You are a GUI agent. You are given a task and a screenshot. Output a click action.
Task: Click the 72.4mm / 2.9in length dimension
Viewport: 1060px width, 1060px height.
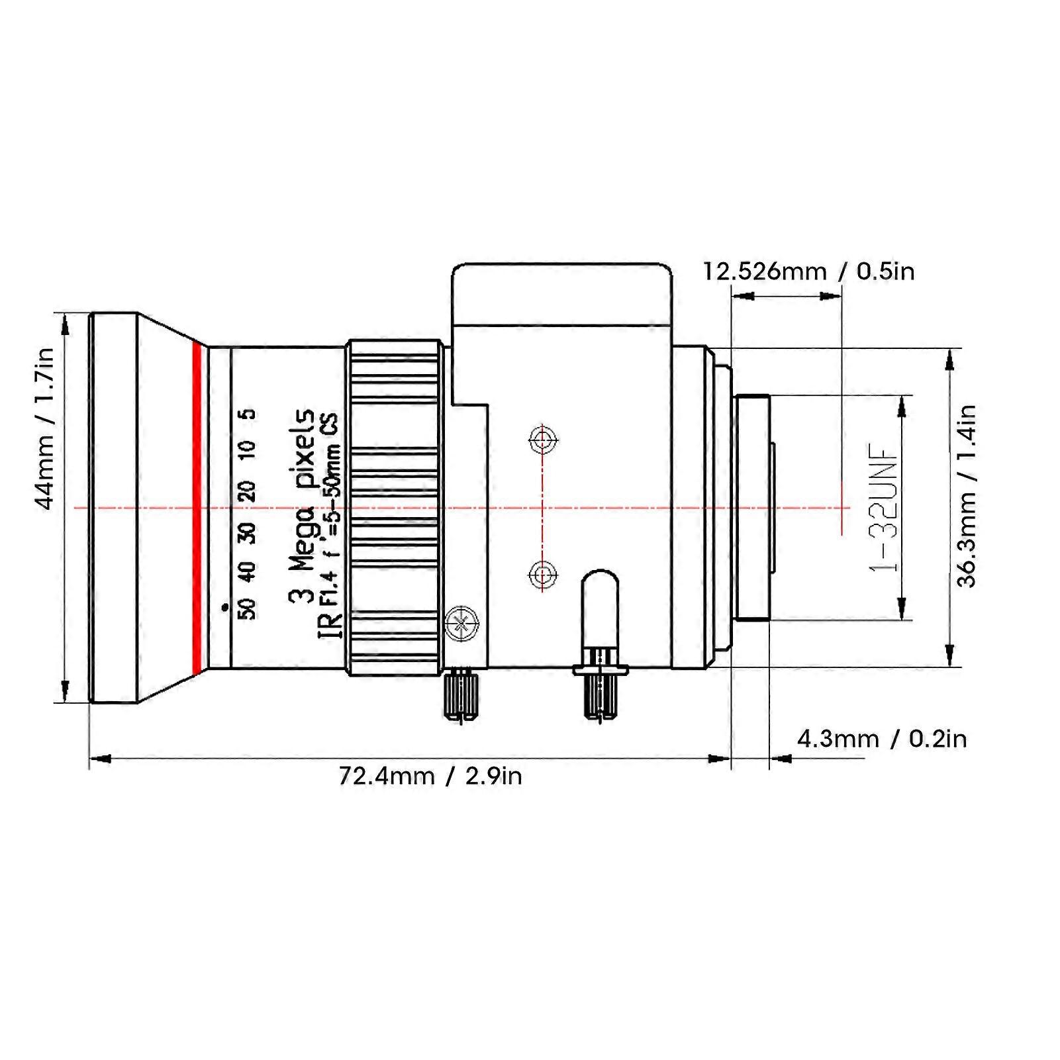(430, 775)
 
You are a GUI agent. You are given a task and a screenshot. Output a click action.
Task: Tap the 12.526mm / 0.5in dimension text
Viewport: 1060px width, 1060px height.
(808, 271)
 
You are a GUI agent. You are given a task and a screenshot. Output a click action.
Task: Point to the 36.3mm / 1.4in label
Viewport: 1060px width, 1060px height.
(967, 496)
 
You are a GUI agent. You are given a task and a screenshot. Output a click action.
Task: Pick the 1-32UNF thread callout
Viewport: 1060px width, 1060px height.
(885, 506)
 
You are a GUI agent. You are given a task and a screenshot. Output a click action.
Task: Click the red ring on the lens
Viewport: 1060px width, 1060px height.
(196, 506)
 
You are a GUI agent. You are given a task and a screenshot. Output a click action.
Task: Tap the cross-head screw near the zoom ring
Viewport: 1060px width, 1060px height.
(461, 622)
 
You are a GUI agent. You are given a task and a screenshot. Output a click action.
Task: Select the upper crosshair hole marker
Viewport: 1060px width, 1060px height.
(543, 439)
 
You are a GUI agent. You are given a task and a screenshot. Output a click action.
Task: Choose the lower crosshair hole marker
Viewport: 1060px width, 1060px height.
(543, 574)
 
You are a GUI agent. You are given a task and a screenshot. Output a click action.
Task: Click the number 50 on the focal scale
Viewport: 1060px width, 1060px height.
(248, 608)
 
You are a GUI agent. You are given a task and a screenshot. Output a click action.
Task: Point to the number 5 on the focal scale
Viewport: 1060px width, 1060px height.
(248, 415)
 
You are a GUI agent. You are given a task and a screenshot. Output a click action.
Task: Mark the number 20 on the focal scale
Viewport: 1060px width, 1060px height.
(248, 491)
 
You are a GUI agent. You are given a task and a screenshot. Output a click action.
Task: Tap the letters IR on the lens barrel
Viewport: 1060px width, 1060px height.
(331, 626)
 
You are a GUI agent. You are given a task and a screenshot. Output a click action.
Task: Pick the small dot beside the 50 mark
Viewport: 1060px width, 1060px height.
(224, 606)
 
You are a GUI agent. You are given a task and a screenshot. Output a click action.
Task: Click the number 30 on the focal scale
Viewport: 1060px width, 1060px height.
(248, 532)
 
